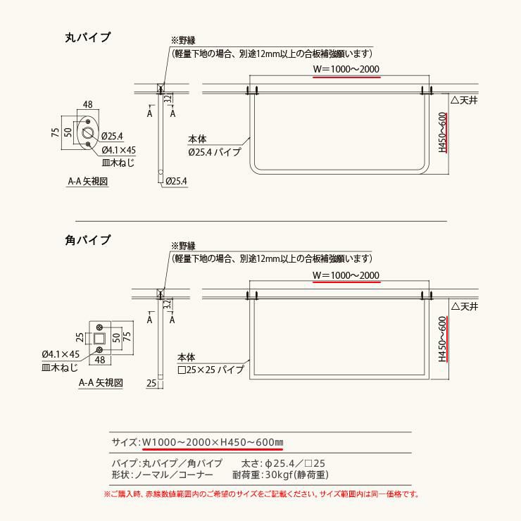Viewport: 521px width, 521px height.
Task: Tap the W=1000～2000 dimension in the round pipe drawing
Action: point(346,69)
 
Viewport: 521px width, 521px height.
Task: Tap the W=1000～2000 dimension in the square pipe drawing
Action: point(346,275)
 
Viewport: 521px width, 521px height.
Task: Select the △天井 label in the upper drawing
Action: point(465,101)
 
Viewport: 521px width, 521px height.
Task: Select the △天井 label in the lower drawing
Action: point(465,306)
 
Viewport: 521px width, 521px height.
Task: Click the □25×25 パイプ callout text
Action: point(211,369)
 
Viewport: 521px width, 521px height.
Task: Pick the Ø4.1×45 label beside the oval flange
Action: point(118,150)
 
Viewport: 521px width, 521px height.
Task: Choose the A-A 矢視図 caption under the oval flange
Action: point(87,181)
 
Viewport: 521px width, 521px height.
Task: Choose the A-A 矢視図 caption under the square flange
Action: point(101,382)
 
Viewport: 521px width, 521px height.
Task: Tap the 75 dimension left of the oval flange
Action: point(55,133)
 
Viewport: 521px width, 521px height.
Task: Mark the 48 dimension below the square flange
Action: point(100,360)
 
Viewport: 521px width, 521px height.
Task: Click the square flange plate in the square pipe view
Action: point(101,337)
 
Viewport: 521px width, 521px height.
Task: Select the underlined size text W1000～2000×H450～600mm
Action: point(212,442)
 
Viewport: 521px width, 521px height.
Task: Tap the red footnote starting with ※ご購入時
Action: point(260,494)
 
